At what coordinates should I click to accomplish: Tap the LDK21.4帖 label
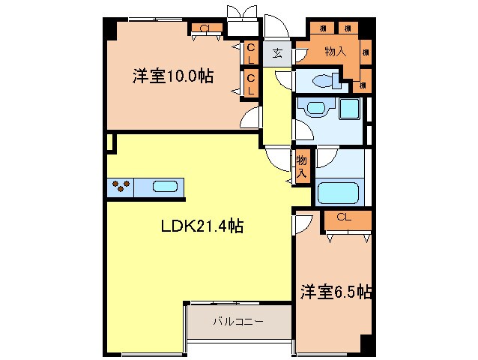point(201,225)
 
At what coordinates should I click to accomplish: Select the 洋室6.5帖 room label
point(337,290)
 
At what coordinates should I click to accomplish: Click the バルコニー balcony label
point(238,321)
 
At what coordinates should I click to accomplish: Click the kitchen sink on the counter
point(166,187)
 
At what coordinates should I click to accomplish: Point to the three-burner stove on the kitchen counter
point(122,187)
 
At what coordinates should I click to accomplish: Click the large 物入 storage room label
point(334,51)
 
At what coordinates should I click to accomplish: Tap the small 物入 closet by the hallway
point(301,166)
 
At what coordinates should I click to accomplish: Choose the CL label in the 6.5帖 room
point(343,217)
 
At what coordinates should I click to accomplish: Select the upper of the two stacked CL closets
point(251,52)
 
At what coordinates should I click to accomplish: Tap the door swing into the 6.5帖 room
point(301,223)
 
